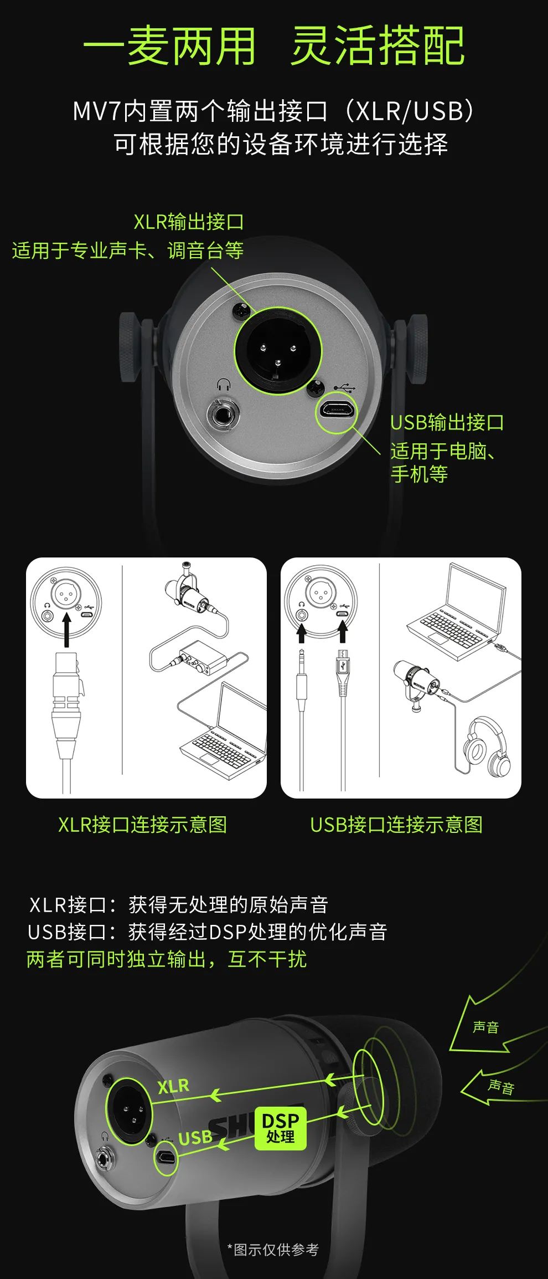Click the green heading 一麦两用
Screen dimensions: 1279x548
(x=169, y=46)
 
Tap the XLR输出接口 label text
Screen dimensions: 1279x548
(x=188, y=222)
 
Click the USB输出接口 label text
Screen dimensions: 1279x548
(x=447, y=422)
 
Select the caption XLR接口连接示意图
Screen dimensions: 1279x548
(x=142, y=825)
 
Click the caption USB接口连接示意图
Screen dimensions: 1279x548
(x=396, y=825)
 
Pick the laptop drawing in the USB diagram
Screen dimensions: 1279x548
(x=457, y=612)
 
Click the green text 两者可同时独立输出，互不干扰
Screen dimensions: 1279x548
(x=166, y=959)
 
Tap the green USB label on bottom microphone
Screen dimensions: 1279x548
(x=195, y=1137)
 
